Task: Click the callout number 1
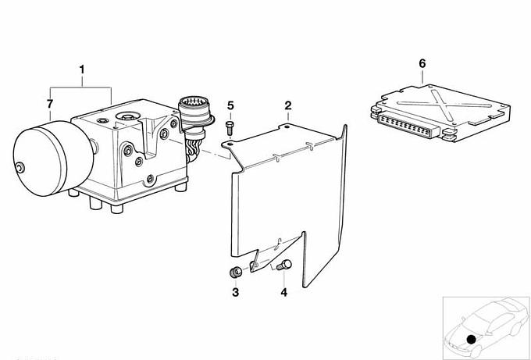[x=82, y=70]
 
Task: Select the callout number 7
[x=50, y=104]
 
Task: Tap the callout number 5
[x=230, y=105]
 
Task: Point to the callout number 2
[x=288, y=105]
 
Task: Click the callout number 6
[x=422, y=63]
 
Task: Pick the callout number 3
[x=235, y=292]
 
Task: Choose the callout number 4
[x=283, y=292]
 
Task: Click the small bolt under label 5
[x=230, y=128]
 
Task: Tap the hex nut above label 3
[x=235, y=272]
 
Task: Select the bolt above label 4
[x=284, y=265]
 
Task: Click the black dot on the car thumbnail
[x=471, y=340]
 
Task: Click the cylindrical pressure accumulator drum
[x=53, y=159]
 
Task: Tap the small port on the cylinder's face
[x=20, y=167]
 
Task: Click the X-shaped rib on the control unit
[x=441, y=104]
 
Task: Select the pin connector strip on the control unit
[x=408, y=125]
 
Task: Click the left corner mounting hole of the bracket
[x=230, y=144]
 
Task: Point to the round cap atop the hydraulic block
[x=127, y=117]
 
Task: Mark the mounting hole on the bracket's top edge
[x=287, y=127]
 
